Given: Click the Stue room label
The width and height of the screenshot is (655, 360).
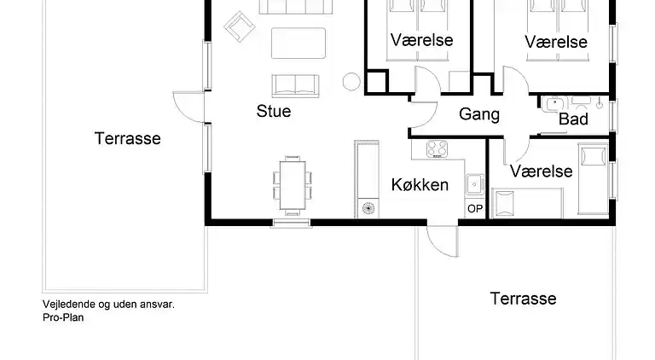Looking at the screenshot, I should [274, 111].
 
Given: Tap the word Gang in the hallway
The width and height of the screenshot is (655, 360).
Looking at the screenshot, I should [479, 114].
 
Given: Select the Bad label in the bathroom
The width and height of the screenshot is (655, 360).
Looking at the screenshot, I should [573, 119].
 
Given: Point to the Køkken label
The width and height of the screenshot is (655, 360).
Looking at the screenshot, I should [420, 184].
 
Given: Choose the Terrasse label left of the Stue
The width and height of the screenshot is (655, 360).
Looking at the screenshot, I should [128, 138].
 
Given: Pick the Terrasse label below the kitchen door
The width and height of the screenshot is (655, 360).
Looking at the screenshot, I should [523, 299].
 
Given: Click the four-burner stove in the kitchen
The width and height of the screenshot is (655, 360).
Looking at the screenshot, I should [438, 148].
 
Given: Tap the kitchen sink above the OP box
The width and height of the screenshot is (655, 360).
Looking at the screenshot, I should [474, 183].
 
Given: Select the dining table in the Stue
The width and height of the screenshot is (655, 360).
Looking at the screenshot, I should [293, 183].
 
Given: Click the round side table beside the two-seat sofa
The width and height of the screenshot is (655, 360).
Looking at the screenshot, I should [351, 82].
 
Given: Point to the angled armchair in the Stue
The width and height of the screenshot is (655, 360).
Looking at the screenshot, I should [239, 26].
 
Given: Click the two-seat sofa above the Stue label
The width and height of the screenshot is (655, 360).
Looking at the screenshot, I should [294, 84].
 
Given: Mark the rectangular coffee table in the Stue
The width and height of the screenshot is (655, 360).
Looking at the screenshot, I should [299, 44].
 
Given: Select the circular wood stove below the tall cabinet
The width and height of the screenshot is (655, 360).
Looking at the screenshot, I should [368, 206].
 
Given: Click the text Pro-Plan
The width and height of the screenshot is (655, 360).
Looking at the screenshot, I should [63, 316].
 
